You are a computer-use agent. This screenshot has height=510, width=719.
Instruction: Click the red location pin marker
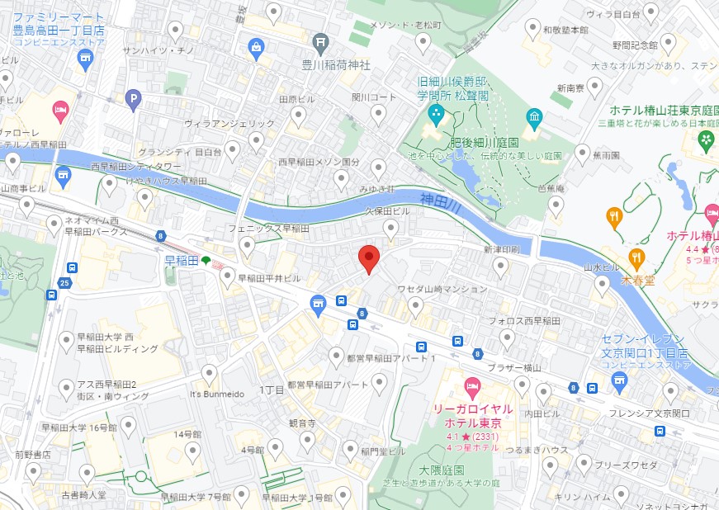click(x=369, y=259)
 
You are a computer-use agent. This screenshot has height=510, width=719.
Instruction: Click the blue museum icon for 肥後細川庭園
click(x=534, y=119)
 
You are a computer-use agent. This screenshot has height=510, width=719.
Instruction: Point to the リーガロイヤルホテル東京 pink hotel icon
click(x=472, y=385)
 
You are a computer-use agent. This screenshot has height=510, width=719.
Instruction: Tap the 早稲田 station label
click(x=182, y=261)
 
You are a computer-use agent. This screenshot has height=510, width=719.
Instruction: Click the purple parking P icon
click(x=133, y=101)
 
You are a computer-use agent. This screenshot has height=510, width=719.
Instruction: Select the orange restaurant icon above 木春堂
click(x=613, y=218)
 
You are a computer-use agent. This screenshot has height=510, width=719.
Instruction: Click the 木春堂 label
click(x=638, y=280)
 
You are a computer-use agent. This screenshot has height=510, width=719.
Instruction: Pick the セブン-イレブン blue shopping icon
click(x=620, y=380)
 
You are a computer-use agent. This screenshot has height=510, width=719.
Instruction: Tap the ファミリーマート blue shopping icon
click(x=85, y=58)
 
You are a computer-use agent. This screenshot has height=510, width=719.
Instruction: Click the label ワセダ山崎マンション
click(x=442, y=290)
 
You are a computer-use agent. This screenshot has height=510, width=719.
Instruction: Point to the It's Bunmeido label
click(x=217, y=394)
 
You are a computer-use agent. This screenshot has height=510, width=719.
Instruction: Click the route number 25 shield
click(x=65, y=284)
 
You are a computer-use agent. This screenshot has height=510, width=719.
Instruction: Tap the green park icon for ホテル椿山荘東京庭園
click(x=706, y=140)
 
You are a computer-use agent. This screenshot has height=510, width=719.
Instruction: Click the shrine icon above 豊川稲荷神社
click(x=323, y=43)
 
